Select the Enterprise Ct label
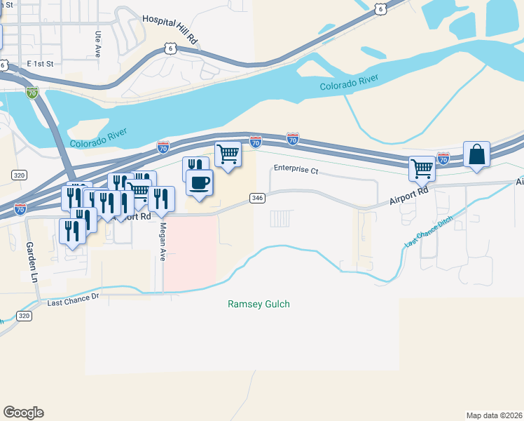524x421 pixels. tap(296, 169)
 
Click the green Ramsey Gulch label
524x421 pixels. tap(258, 305)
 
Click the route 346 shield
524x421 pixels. tap(257, 199)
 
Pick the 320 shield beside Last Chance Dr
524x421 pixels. tap(24, 316)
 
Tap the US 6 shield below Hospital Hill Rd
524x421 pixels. tap(170, 47)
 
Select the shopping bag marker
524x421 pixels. tap(476, 154)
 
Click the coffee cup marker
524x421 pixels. tap(199, 182)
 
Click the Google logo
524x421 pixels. tap(23, 413)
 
